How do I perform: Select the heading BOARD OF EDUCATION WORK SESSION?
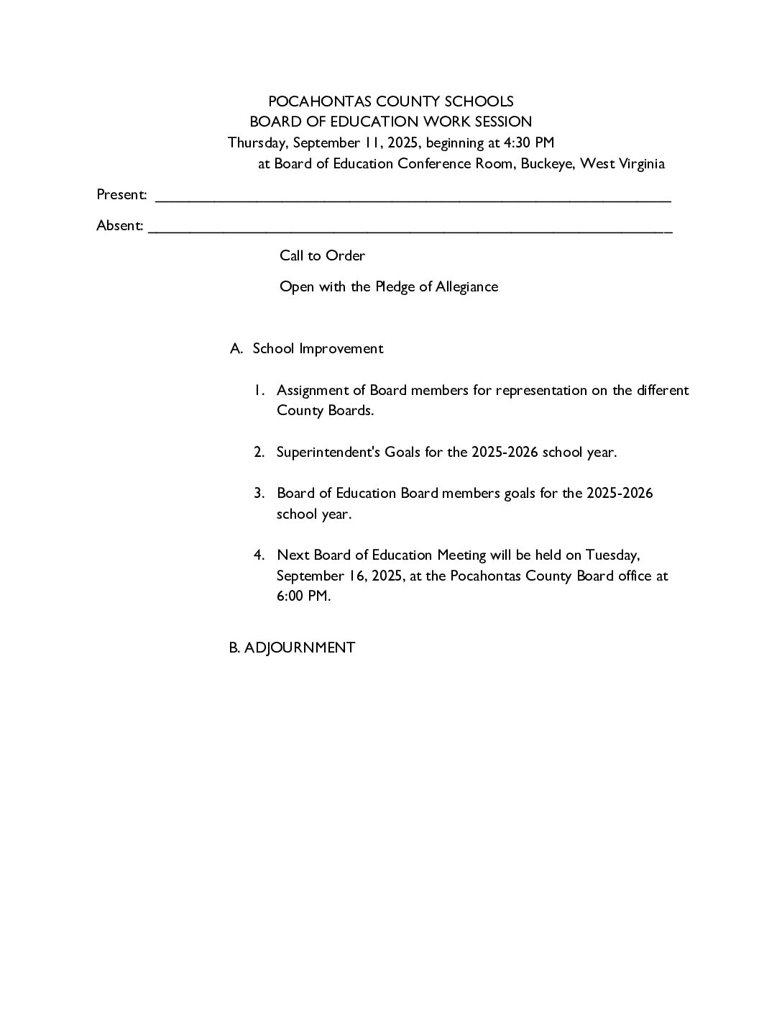click(x=390, y=122)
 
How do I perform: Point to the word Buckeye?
click(x=547, y=163)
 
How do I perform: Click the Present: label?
click(x=122, y=195)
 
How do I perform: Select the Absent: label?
click(x=120, y=226)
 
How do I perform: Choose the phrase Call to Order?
click(x=322, y=256)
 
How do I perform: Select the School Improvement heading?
click(x=318, y=349)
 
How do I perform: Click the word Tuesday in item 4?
click(x=612, y=555)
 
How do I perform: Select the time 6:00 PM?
click(x=303, y=596)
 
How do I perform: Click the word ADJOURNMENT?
click(x=299, y=648)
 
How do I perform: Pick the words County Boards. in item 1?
click(x=325, y=411)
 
